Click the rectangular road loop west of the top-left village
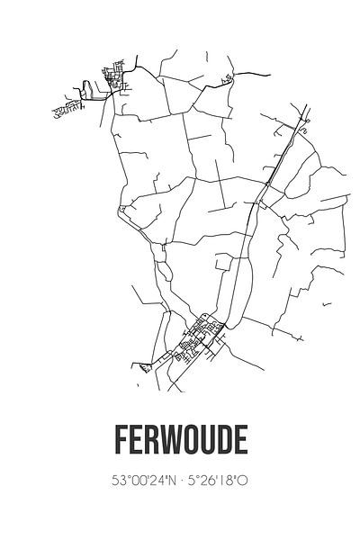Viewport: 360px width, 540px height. tap(87, 89)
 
